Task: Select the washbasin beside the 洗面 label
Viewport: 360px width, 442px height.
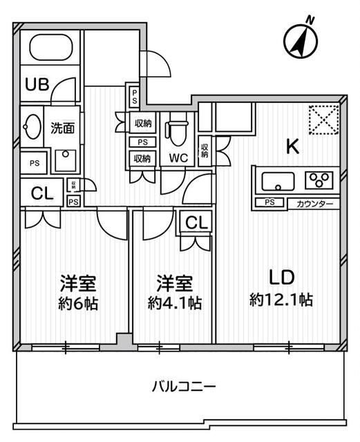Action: pyautogui.click(x=32, y=128)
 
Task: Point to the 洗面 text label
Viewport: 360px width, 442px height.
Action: pyautogui.click(x=63, y=128)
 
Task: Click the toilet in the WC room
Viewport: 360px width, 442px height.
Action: pyautogui.click(x=178, y=130)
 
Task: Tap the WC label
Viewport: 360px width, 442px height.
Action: pyautogui.click(x=178, y=157)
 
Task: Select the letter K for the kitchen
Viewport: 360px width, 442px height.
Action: pyautogui.click(x=293, y=146)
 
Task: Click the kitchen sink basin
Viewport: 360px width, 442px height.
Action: pyautogui.click(x=277, y=182)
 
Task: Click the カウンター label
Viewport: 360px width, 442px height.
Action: pyautogui.click(x=314, y=203)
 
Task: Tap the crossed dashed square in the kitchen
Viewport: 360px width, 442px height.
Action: pyautogui.click(x=323, y=118)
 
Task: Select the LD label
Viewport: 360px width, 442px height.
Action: pyautogui.click(x=282, y=278)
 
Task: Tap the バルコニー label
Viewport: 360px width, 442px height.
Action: pyautogui.click(x=184, y=386)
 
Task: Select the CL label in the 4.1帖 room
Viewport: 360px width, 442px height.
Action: pyautogui.click(x=196, y=222)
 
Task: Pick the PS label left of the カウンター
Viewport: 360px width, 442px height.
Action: pyautogui.click(x=269, y=202)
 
